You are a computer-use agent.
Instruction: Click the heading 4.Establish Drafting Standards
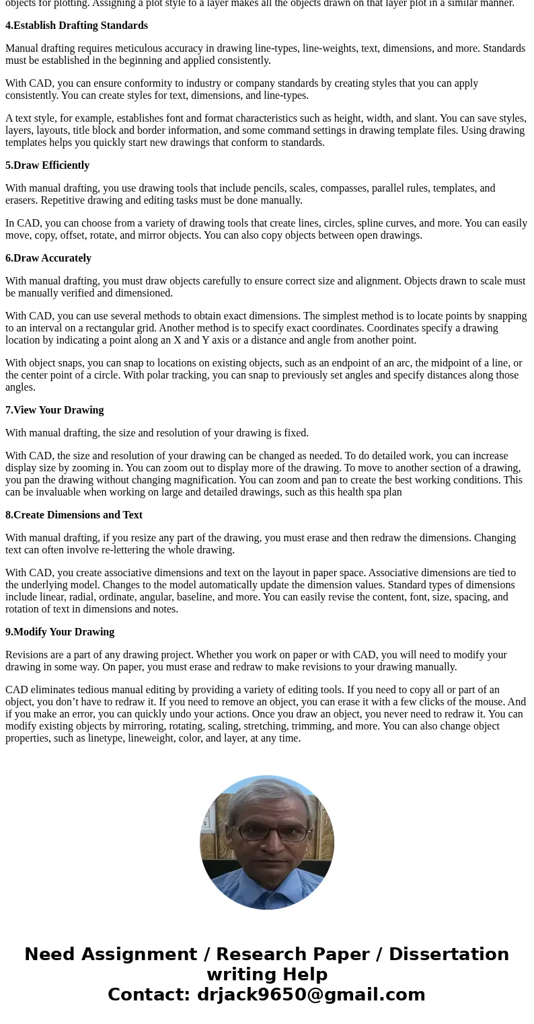77,26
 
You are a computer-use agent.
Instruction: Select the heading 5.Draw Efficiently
47,165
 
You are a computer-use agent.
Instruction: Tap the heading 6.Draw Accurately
48,258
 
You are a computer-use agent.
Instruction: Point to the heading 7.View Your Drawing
54,410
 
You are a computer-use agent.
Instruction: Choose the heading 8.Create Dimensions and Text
74,515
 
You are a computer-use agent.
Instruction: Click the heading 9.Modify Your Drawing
60,632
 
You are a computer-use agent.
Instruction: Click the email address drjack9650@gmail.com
311,994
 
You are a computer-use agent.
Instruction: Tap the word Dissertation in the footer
449,954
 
